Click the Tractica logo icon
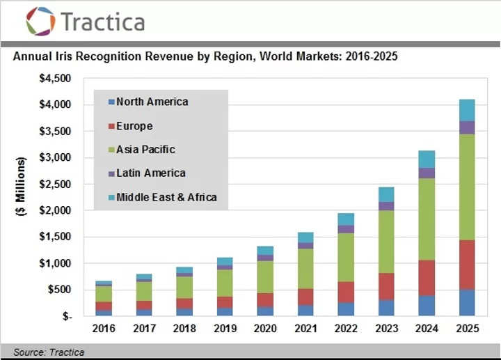(x=40, y=21)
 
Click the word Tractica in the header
(x=103, y=22)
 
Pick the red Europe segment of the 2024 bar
(x=427, y=278)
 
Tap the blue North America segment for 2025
(x=467, y=303)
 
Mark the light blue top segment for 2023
(x=386, y=194)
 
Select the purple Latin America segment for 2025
(x=467, y=127)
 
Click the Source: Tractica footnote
(x=49, y=352)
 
